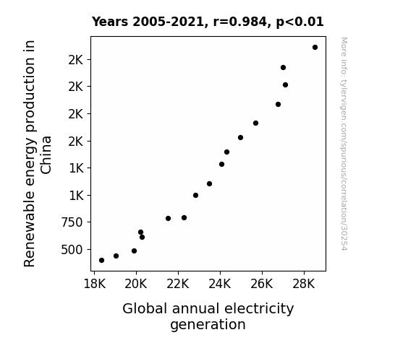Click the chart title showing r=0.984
pyautogui.click(x=208, y=22)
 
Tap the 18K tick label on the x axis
pyautogui.click(x=95, y=284)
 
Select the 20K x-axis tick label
pyautogui.click(x=136, y=284)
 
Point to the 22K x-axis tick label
pyautogui.click(x=178, y=284)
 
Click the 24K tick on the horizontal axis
pyautogui.click(x=220, y=284)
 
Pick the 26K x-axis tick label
pyautogui.click(x=262, y=284)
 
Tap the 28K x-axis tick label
pyautogui.click(x=304, y=284)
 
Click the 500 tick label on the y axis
pyautogui.click(x=72, y=250)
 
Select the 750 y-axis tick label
pyautogui.click(x=72, y=222)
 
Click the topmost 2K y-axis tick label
pyautogui.click(x=76, y=60)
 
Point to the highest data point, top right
pyautogui.click(x=315, y=48)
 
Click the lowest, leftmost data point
pyautogui.click(x=101, y=261)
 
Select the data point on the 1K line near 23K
pyautogui.click(x=195, y=196)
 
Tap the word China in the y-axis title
pyautogui.click(x=46, y=155)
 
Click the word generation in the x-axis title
pyautogui.click(x=208, y=325)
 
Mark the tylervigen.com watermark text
pyautogui.click(x=344, y=144)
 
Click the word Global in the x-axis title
pyautogui.click(x=145, y=309)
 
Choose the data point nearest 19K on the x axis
pyautogui.click(x=116, y=256)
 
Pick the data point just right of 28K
pyautogui.click(x=315, y=48)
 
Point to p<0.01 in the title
pyautogui.click(x=300, y=22)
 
